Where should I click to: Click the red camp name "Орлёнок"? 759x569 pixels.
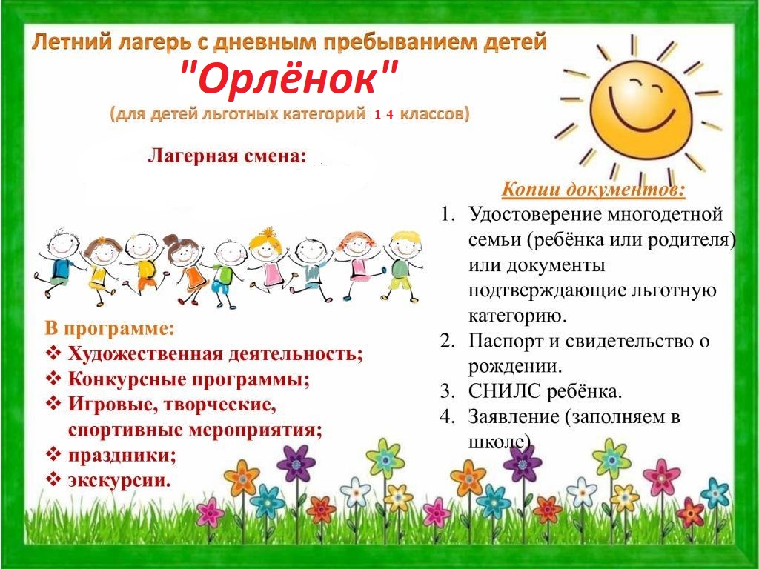pyautogui.click(x=290, y=77)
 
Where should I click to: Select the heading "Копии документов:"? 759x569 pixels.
pyautogui.click(x=594, y=189)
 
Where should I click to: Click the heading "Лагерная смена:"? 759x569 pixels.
pyautogui.click(x=227, y=156)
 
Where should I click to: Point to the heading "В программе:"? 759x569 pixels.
pyautogui.click(x=110, y=328)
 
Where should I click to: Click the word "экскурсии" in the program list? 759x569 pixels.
pyautogui.click(x=119, y=480)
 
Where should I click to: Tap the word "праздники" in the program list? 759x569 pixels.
pyautogui.click(x=122, y=456)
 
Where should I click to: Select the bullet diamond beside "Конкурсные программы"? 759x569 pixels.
pyautogui.click(x=53, y=379)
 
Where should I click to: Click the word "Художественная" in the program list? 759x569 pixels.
pyautogui.click(x=145, y=354)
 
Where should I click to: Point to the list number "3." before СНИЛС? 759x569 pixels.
pyautogui.click(x=447, y=391)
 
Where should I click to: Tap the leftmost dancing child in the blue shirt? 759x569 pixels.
pyautogui.click(x=56, y=264)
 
